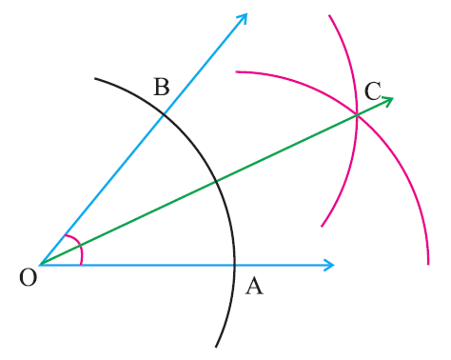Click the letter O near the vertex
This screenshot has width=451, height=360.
(28, 277)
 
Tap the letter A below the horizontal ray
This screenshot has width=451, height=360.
(253, 286)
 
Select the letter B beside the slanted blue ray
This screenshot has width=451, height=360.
(161, 88)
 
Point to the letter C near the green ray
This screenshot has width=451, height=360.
(373, 91)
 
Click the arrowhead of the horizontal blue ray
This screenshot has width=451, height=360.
(331, 264)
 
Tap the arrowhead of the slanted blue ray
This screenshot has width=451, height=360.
(245, 16)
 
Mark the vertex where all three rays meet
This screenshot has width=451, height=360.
(40, 264)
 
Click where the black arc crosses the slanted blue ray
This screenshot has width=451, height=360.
(165, 113)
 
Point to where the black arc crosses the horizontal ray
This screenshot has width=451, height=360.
(234, 264)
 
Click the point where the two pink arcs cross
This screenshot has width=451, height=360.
(357, 116)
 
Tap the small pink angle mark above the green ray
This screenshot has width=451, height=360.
(70, 240)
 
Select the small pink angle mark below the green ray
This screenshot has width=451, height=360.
(81, 255)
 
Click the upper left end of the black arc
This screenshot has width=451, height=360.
(95, 78)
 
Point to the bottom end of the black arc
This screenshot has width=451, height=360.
(216, 346)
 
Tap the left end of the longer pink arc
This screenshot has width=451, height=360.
(237, 71)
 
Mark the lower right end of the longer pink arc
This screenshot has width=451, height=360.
(428, 264)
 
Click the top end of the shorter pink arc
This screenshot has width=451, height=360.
(329, 15)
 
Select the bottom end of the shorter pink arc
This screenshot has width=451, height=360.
(322, 227)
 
